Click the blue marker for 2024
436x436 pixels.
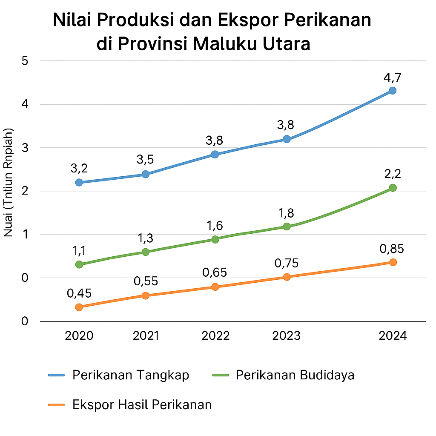tap(392, 91)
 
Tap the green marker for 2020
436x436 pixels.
tap(79, 264)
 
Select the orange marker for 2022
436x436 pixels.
tap(215, 287)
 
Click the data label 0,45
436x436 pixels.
tap(79, 293)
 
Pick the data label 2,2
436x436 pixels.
tap(392, 174)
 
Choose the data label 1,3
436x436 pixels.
tap(145, 238)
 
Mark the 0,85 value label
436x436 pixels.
tap(392, 249)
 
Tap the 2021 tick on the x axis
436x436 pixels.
tap(145, 336)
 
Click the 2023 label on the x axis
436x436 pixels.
tap(286, 336)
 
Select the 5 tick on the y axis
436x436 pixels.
tap(25, 61)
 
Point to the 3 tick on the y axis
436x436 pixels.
tap(25, 148)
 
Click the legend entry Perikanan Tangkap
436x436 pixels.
tap(130, 375)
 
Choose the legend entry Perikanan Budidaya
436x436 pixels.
tap(295, 375)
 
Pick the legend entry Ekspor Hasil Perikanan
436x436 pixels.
tap(142, 404)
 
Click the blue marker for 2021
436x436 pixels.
tap(145, 174)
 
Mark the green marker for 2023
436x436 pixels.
tap(286, 227)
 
